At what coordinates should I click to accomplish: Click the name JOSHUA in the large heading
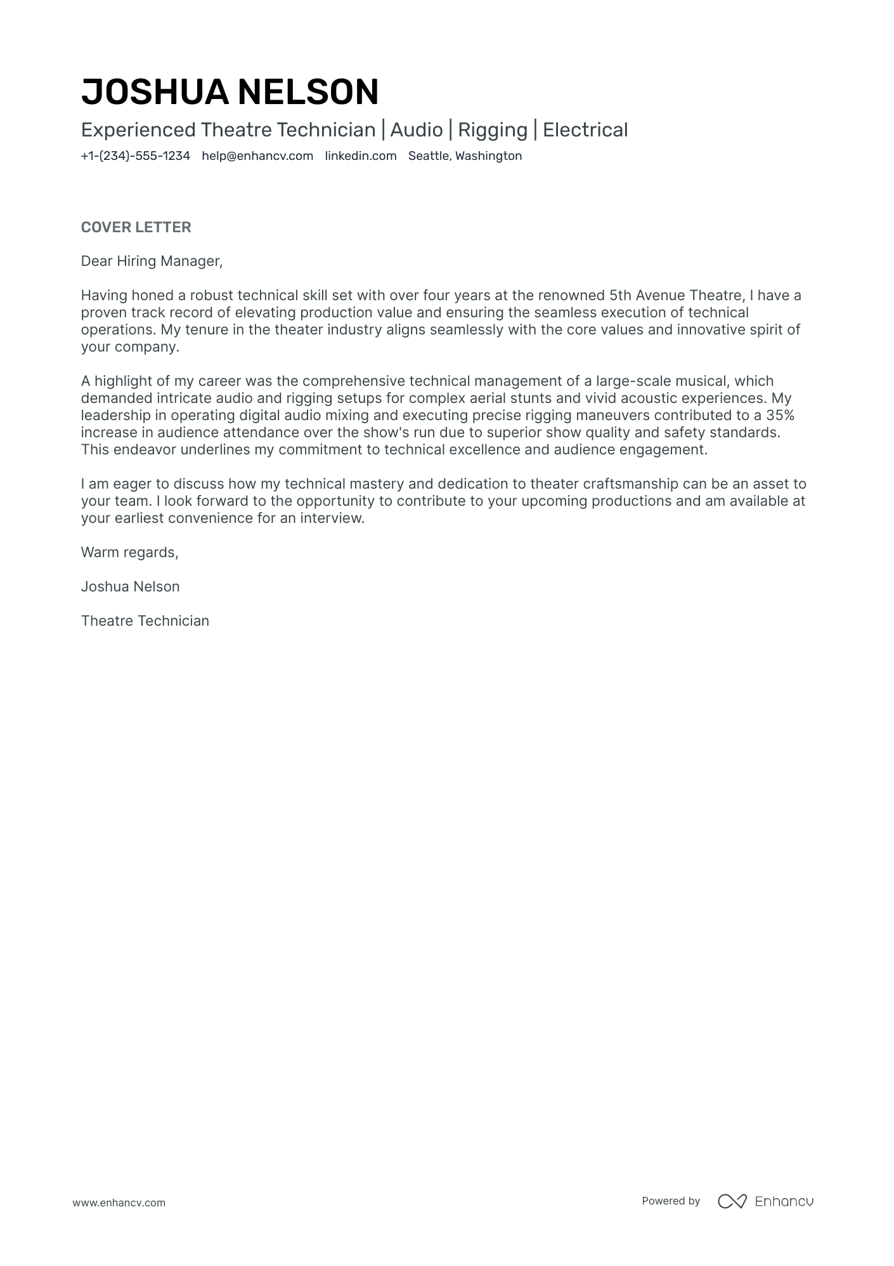coord(155,92)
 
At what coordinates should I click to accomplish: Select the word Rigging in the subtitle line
coord(492,130)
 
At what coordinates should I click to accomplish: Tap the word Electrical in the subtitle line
coord(585,130)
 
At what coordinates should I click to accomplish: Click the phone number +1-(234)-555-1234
coord(135,156)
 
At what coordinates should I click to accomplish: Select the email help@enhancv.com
coord(257,156)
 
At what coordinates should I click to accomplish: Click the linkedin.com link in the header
coord(361,156)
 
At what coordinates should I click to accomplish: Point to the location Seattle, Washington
coord(465,156)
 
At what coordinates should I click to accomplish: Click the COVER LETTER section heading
coord(136,227)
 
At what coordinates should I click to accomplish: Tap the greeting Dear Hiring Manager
coord(152,261)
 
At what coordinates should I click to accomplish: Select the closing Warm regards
coord(129,553)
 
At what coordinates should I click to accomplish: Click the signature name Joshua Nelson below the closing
coord(130,587)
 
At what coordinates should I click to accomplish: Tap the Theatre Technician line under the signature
coord(145,621)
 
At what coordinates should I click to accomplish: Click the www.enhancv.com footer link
coord(119,1203)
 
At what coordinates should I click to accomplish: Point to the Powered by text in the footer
coord(670,1201)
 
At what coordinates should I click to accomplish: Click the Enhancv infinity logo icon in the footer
coord(732,1201)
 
